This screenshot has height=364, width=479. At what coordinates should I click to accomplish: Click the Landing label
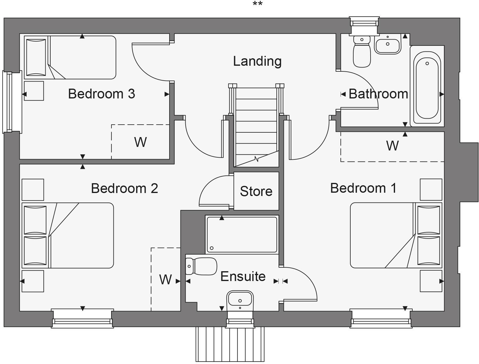click(257, 61)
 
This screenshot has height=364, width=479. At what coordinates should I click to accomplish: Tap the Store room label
click(256, 191)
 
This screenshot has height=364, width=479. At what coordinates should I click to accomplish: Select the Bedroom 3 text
click(102, 94)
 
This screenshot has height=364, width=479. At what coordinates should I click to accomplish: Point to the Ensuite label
click(243, 277)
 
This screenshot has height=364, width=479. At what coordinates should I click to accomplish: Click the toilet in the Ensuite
click(202, 266)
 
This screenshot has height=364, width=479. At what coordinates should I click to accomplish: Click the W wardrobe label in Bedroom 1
click(392, 146)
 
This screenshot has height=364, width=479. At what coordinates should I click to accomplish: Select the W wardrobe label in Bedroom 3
click(140, 142)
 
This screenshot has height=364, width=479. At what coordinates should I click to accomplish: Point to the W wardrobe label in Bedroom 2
click(165, 280)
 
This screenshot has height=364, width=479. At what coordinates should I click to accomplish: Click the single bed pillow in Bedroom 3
click(36, 57)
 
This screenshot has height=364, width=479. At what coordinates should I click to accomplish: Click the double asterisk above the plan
click(257, 4)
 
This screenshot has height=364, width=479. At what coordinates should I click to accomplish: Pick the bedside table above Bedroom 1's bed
click(431, 189)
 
